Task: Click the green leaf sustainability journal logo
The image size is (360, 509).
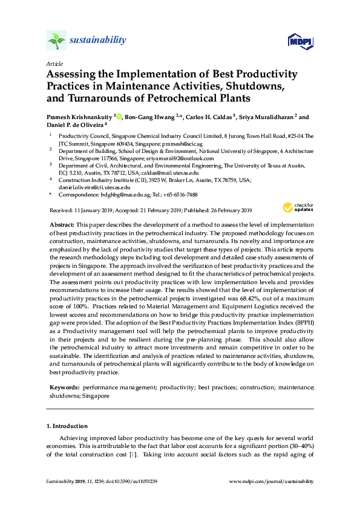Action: click(57, 41)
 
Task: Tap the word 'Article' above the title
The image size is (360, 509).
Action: click(54, 63)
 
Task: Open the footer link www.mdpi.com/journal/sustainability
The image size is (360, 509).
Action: click(272, 482)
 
